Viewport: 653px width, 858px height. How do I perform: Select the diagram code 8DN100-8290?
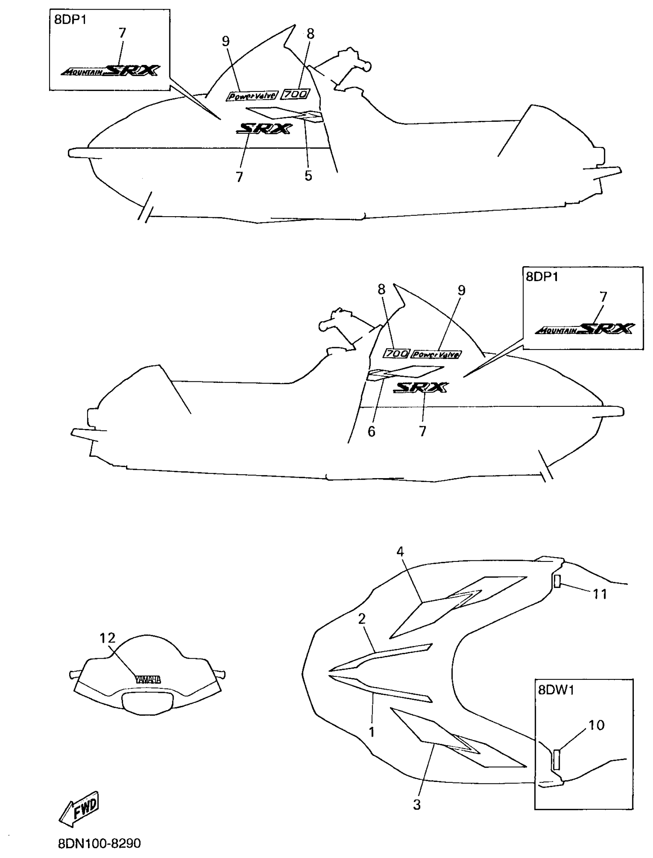pyautogui.click(x=99, y=843)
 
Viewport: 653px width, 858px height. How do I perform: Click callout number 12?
pyautogui.click(x=108, y=638)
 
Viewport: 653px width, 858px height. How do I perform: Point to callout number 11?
pyautogui.click(x=600, y=594)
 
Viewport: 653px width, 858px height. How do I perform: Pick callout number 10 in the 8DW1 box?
pyautogui.click(x=597, y=725)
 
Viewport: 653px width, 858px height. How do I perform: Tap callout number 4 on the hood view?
pyautogui.click(x=400, y=552)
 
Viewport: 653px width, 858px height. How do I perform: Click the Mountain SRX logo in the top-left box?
pyautogui.click(x=110, y=71)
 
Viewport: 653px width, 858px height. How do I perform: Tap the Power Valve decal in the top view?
pyautogui.click(x=252, y=96)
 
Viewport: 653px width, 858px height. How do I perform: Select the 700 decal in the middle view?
pyautogui.click(x=396, y=353)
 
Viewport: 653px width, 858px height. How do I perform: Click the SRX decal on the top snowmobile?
pyautogui.click(x=264, y=128)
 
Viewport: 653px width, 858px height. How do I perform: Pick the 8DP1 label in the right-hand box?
pyautogui.click(x=542, y=277)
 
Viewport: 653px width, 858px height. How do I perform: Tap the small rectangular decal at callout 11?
pyautogui.click(x=557, y=581)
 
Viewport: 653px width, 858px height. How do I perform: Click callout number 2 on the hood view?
pyautogui.click(x=362, y=619)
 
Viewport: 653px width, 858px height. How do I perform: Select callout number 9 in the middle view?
pyautogui.click(x=461, y=290)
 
